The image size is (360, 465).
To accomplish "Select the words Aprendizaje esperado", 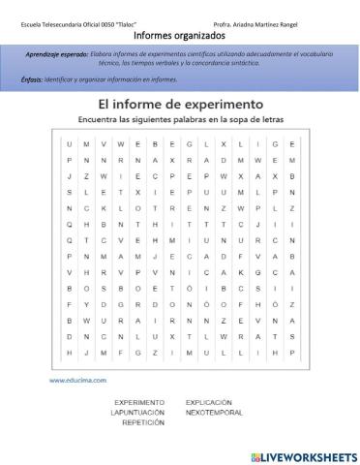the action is point(57,54).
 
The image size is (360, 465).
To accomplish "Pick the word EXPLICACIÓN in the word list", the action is point(210,400).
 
